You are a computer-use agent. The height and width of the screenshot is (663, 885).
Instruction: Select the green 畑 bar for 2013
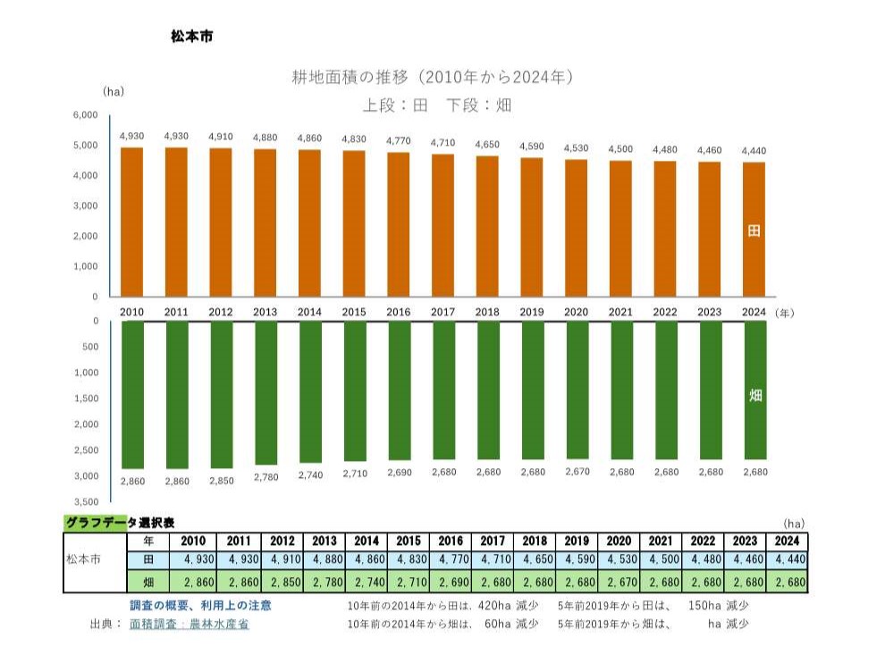pos(265,393)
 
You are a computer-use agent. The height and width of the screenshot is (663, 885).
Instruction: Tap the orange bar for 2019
pos(532,227)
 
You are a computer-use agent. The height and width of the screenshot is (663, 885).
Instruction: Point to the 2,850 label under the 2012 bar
pos(221,481)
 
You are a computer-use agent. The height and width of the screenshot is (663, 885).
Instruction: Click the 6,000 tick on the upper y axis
pos(85,115)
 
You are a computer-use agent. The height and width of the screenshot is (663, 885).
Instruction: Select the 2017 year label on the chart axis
pos(443,312)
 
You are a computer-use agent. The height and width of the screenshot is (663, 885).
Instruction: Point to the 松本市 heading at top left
pos(191,38)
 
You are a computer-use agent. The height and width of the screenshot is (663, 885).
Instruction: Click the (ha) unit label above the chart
pos(114,91)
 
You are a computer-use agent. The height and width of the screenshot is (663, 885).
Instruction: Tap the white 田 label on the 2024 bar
pos(754,231)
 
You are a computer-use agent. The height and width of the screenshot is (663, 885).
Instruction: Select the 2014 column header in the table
pos(367,541)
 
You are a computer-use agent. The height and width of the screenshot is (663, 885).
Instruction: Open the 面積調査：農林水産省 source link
pos(190,625)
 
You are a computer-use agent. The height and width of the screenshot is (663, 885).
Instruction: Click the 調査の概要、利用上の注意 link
pos(201,606)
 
